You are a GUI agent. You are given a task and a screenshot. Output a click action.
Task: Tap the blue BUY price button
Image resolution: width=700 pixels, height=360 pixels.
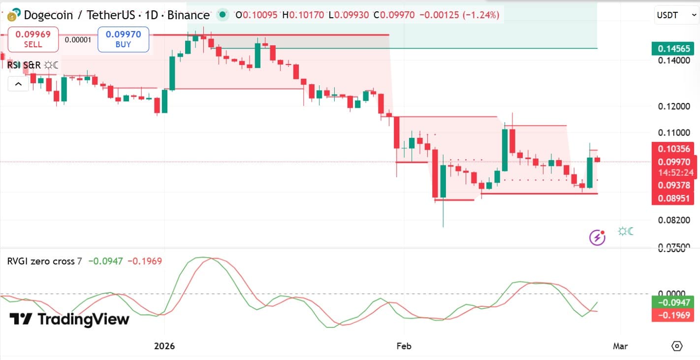click(x=123, y=39)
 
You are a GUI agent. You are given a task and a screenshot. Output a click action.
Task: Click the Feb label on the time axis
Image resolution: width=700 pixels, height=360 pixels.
click(x=404, y=346)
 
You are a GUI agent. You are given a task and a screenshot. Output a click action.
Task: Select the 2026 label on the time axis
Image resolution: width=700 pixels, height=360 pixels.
click(x=164, y=346)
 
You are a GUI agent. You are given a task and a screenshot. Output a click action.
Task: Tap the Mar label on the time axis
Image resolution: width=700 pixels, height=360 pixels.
click(x=620, y=346)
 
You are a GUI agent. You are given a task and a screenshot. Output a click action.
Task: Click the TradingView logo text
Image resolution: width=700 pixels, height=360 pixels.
click(x=69, y=319)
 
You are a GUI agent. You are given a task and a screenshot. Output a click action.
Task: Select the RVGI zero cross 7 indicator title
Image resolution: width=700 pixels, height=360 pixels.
click(x=44, y=261)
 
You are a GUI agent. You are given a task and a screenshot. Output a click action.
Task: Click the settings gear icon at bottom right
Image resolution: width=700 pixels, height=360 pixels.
click(x=677, y=346)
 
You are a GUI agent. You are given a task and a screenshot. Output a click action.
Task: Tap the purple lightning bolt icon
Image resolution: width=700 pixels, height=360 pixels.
click(x=597, y=238)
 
